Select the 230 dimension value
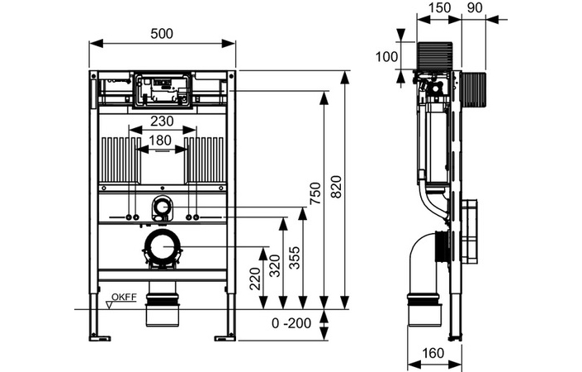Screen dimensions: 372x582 coord(162,121)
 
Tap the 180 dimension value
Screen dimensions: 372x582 coord(162,141)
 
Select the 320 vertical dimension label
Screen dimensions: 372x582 coord(277,264)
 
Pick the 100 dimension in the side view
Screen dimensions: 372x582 coord(386,57)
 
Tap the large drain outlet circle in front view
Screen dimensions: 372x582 coord(163,248)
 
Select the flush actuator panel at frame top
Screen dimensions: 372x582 coord(163,89)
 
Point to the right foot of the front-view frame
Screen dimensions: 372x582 coord(224,336)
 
